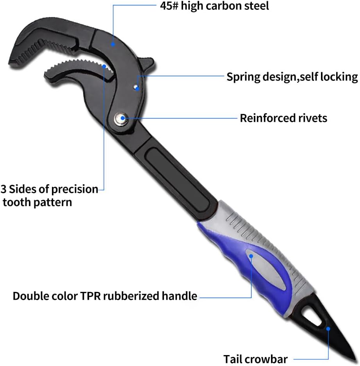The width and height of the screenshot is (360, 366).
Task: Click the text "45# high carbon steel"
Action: point(214,6)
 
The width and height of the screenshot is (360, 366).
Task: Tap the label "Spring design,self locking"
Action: point(292,77)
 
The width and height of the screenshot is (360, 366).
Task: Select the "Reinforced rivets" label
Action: point(283,118)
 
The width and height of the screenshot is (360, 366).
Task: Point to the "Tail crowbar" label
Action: point(255,359)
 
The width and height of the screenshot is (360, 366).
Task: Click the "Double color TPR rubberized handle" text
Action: point(105,296)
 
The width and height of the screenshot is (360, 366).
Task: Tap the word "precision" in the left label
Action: point(75,189)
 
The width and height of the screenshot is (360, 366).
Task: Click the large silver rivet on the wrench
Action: point(121,119)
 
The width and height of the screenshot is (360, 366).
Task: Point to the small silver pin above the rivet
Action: point(135,87)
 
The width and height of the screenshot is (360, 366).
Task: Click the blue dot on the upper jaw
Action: point(113,44)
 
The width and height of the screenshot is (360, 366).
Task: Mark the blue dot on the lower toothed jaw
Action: point(104,66)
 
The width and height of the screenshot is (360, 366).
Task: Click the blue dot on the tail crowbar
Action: point(328,329)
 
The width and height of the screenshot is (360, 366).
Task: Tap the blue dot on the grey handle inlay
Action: point(251,256)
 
